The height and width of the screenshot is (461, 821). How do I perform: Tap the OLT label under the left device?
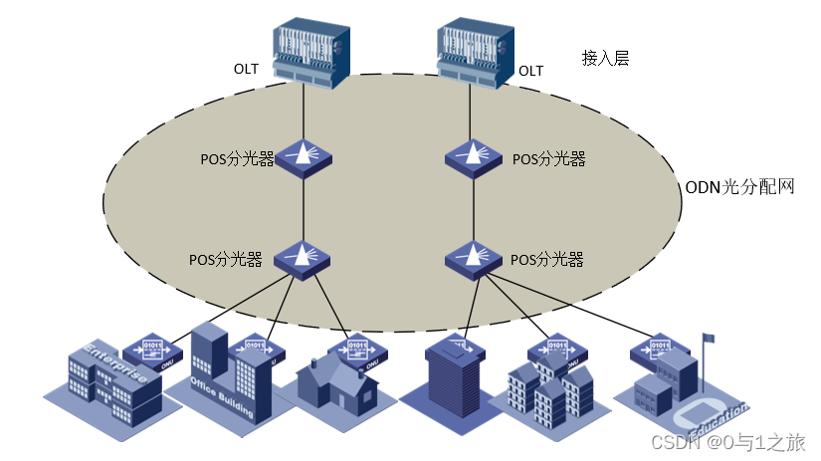[247, 70]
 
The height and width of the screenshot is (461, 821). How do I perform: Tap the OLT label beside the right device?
[531, 70]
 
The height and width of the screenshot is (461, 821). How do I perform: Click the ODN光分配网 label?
[739, 186]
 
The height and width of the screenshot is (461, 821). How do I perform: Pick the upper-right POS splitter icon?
[474, 157]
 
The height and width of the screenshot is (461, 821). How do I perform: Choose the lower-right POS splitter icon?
[474, 258]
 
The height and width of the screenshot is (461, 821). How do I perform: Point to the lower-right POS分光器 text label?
[546, 259]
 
